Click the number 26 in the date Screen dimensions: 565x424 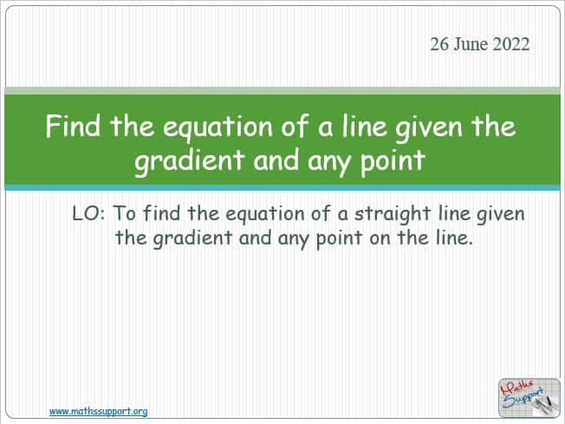point(439,44)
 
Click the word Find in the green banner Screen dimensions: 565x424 point(73,126)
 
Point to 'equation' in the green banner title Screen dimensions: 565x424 point(218,128)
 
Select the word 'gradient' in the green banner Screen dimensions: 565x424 point(190,160)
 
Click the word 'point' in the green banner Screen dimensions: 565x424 point(393,160)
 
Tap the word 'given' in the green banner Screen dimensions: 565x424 point(428,128)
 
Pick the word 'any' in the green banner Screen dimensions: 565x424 point(329,162)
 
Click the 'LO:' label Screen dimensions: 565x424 point(88,213)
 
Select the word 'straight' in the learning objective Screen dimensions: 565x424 point(393,214)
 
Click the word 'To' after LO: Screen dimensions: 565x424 point(125,213)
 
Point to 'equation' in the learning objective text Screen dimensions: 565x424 point(265,214)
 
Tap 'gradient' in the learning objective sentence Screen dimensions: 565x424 point(192,238)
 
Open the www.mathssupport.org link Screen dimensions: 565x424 point(99,411)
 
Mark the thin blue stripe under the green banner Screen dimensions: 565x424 point(282,187)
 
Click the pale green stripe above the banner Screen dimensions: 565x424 point(282,90)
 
